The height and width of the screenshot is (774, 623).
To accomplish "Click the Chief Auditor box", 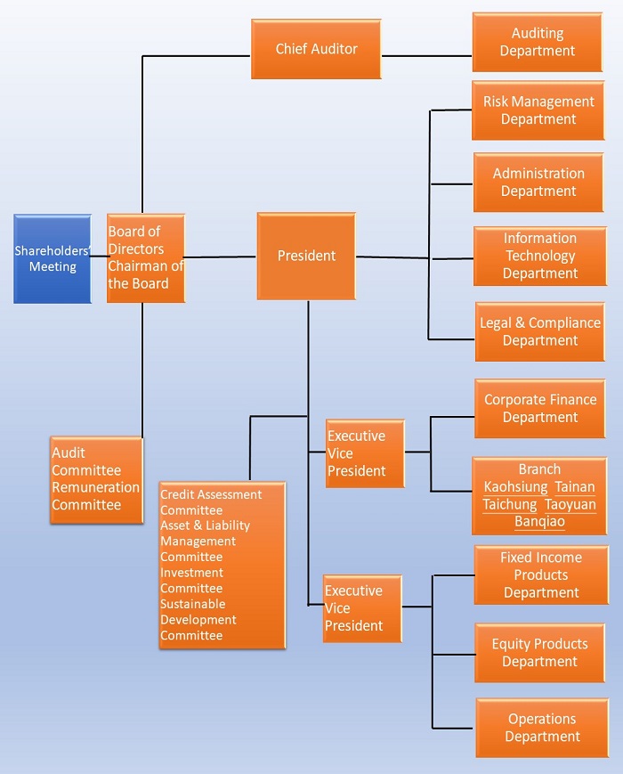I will pyautogui.click(x=316, y=49).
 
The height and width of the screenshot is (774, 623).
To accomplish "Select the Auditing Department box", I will pyautogui.click(x=538, y=42).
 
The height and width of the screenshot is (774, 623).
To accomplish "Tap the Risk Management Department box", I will pyautogui.click(x=538, y=110).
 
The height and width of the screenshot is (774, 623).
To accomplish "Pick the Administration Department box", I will pyautogui.click(x=538, y=183).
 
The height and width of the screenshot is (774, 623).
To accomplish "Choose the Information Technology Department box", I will pyautogui.click(x=539, y=256).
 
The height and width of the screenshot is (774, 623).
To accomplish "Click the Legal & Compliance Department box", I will pyautogui.click(x=539, y=331).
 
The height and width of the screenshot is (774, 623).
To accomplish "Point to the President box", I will pyautogui.click(x=306, y=256).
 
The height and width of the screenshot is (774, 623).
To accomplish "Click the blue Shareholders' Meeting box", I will pyautogui.click(x=53, y=258).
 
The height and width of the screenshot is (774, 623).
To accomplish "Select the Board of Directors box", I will pyautogui.click(x=146, y=257).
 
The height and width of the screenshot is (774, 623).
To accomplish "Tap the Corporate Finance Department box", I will pyautogui.click(x=540, y=408).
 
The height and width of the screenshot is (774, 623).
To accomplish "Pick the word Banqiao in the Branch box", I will pyautogui.click(x=539, y=521).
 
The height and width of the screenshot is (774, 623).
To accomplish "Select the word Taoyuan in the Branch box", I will pyautogui.click(x=570, y=504).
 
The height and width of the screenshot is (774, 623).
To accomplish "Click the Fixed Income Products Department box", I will pyautogui.click(x=541, y=574).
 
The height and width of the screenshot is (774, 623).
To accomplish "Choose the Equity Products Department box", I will pyautogui.click(x=540, y=652).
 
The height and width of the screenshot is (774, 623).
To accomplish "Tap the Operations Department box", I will pyautogui.click(x=542, y=728).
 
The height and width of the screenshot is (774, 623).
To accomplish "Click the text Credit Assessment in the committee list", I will pyautogui.click(x=211, y=495).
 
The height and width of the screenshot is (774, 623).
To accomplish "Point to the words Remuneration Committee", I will pyautogui.click(x=95, y=496).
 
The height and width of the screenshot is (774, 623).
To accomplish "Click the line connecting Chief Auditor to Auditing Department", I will pyautogui.click(x=426, y=56).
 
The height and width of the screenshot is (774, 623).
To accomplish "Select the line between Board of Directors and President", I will pyautogui.click(x=221, y=257).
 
